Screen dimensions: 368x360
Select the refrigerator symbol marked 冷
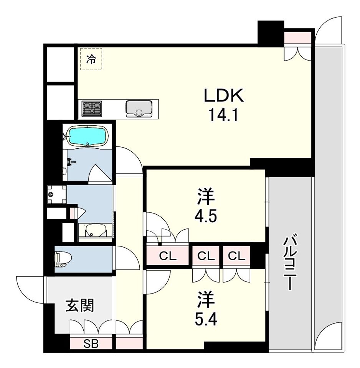[x=91, y=59]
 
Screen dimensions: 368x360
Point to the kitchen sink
[x=139, y=108]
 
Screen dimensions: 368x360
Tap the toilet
[x=62, y=259]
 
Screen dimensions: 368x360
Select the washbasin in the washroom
[x=93, y=231]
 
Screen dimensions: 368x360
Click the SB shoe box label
[x=91, y=344]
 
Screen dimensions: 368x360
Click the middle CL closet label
[x=206, y=256]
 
